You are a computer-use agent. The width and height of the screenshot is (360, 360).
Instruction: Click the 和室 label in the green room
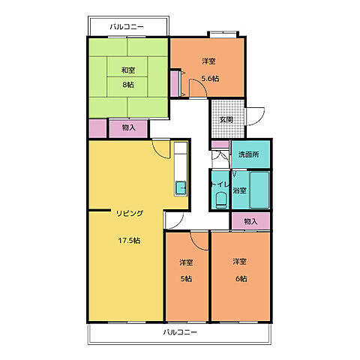[128, 70]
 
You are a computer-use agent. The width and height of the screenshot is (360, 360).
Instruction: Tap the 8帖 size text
[128, 85]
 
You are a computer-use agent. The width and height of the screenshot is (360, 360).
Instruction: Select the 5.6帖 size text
[210, 79]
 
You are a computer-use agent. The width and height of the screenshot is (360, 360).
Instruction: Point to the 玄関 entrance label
[226, 120]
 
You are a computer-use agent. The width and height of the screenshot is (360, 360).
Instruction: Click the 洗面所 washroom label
[248, 154]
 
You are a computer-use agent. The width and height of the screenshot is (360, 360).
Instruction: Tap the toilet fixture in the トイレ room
[220, 199]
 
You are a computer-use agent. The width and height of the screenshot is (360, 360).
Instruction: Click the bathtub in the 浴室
[259, 190]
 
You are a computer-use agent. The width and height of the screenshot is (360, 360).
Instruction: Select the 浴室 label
[239, 190]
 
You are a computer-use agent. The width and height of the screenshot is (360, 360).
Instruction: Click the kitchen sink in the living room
[181, 187]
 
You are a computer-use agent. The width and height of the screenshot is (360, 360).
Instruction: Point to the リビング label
[130, 213]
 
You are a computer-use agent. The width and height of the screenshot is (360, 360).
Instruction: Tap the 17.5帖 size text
[129, 241]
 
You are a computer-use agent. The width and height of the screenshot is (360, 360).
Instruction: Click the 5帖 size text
[186, 278]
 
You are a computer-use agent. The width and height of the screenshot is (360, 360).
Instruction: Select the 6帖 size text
[241, 278]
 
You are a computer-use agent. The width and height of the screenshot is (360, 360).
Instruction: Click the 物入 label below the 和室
[128, 127]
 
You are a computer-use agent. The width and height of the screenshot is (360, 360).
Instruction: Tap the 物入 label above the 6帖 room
[250, 221]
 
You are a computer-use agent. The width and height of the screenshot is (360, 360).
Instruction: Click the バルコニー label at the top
[127, 26]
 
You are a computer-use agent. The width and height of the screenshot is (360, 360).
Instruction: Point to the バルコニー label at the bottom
[180, 332]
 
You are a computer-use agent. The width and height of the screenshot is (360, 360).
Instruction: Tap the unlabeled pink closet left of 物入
[97, 128]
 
